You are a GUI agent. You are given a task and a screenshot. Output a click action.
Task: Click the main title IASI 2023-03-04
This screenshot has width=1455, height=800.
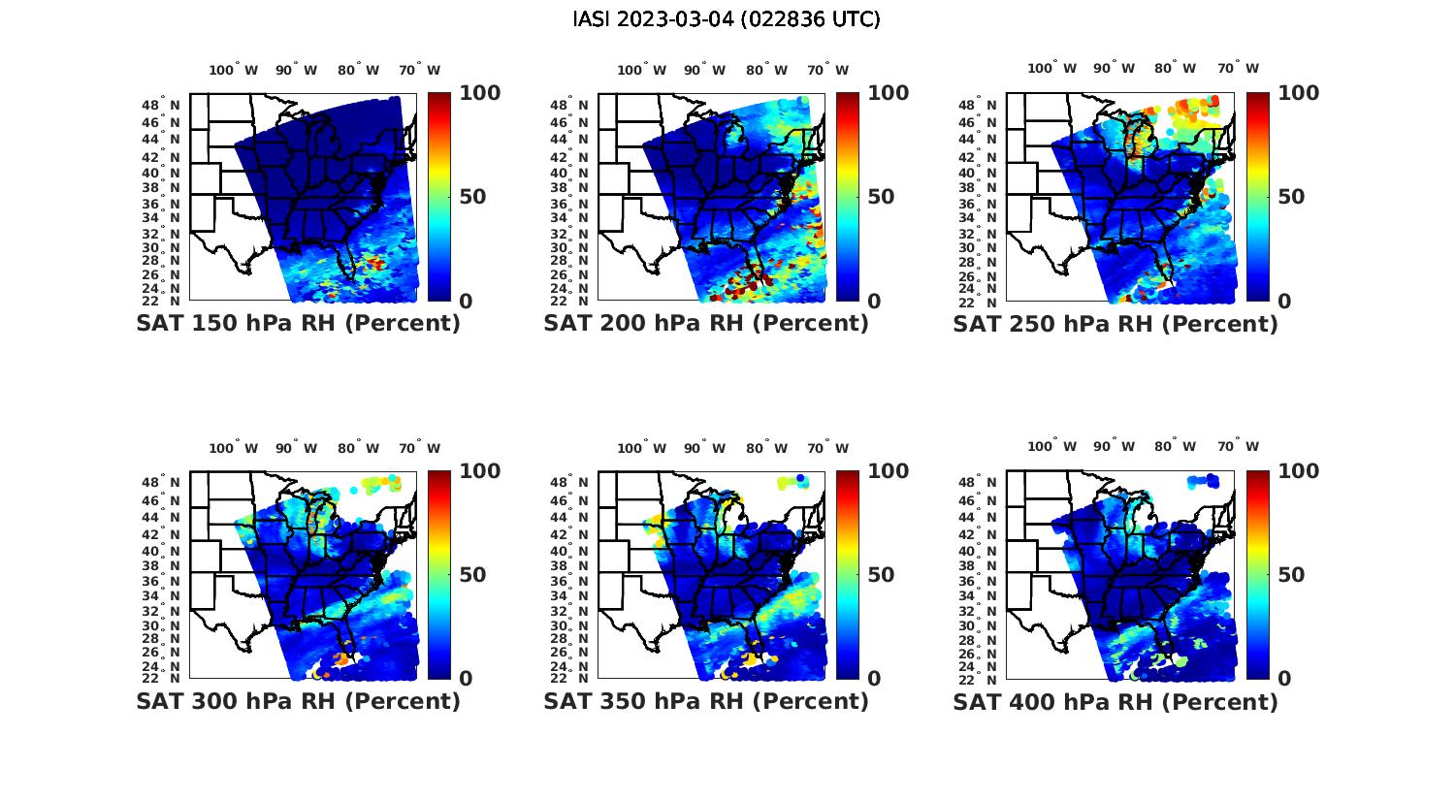coord(727,19)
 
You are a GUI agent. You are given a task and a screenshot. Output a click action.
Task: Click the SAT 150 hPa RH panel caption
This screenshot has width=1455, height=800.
coord(298,324)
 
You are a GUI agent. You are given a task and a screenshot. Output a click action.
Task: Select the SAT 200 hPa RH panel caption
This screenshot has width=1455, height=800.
coord(706,324)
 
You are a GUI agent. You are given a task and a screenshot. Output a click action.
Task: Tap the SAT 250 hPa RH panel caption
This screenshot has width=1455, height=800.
coord(1115,324)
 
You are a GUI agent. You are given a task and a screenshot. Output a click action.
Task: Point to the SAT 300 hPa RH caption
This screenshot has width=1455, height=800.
coord(298,701)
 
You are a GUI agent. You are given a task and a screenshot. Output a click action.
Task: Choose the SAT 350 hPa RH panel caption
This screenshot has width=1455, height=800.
coord(706,701)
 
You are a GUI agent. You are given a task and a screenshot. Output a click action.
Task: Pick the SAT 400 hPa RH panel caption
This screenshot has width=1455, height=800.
coord(1115,701)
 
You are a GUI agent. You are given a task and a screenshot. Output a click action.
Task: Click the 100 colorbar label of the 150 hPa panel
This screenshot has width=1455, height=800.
coord(479,93)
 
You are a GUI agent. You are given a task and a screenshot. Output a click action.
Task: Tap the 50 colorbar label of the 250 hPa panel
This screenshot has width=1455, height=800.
coord(1290,197)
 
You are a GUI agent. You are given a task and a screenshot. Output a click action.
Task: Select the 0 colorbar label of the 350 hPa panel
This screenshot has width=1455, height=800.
coord(874,679)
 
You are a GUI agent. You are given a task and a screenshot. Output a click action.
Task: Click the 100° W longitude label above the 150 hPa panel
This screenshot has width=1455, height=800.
coord(234,70)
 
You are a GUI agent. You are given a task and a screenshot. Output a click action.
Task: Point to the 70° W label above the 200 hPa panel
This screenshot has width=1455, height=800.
coord(827,70)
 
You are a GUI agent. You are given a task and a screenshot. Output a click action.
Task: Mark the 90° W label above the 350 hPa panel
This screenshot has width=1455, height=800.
coord(705,448)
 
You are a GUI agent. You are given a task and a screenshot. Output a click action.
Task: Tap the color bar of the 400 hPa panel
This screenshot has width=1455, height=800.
coord(1257,574)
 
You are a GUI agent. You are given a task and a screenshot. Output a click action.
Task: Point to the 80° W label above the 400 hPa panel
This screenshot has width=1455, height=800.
coord(1176,446)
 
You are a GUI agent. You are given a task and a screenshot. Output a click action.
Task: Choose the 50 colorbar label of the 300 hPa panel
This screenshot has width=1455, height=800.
coord(472,575)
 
